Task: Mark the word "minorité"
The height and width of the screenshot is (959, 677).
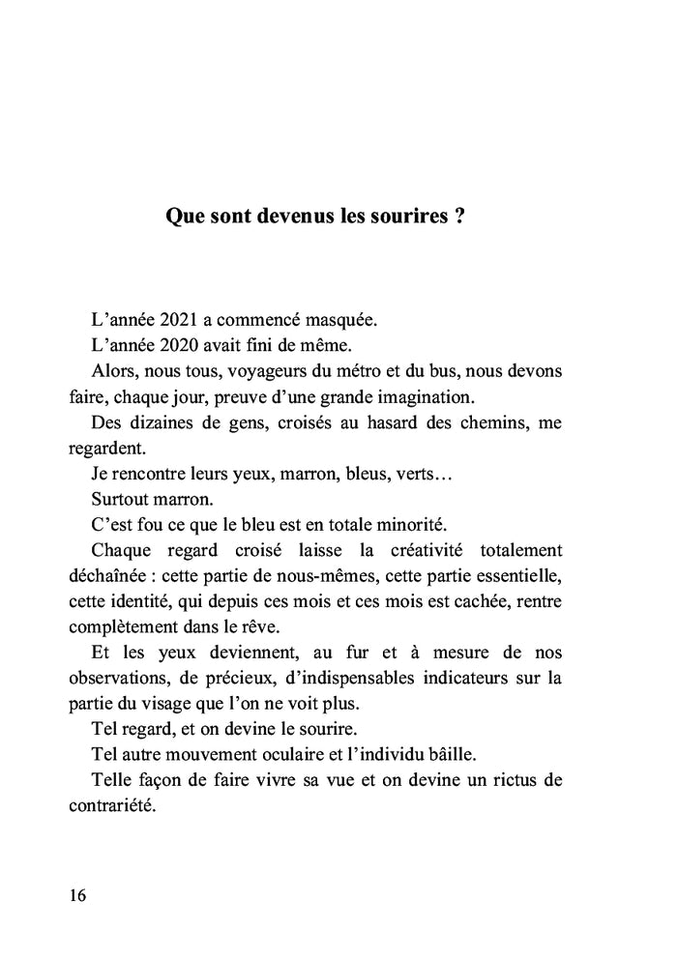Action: pyautogui.click(x=405, y=525)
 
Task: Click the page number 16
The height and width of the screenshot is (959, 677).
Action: pyautogui.click(x=78, y=895)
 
